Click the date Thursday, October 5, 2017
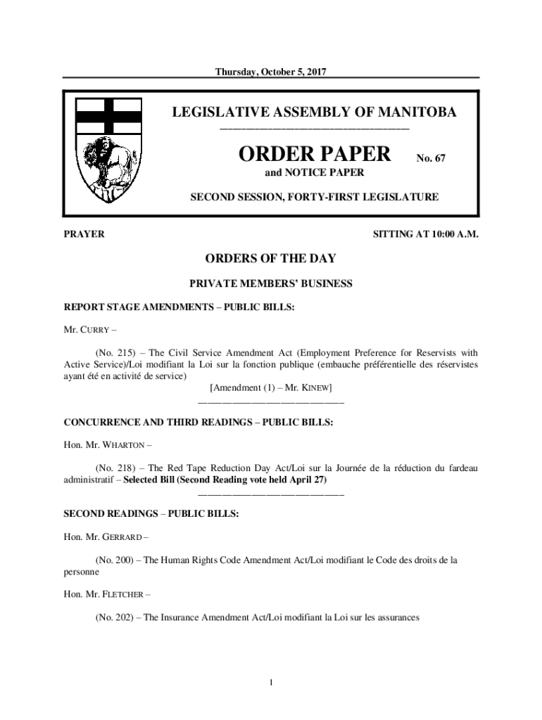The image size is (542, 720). click(272, 71)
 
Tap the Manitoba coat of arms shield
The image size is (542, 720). click(109, 150)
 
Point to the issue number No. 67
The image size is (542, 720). click(430, 158)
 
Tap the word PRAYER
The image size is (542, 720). click(84, 234)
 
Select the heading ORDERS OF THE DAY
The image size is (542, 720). click(271, 259)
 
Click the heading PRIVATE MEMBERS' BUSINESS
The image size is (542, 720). click(271, 284)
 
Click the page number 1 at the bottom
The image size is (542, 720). click(271, 682)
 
